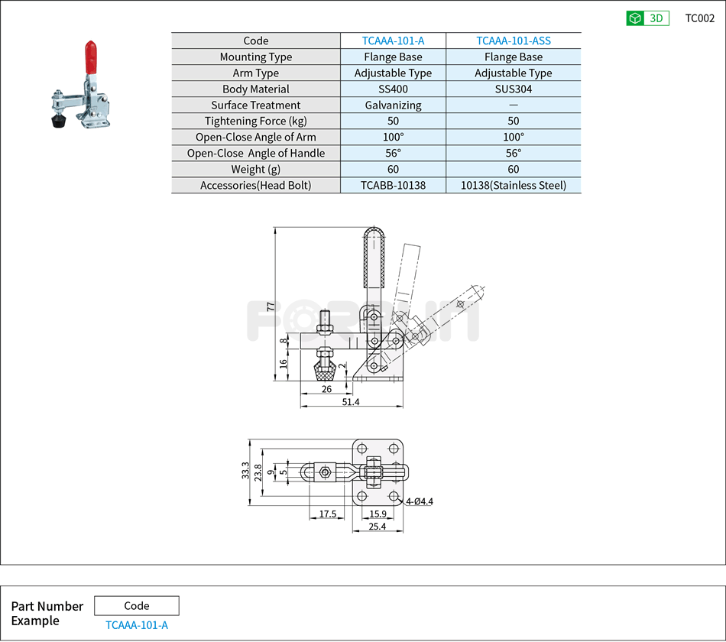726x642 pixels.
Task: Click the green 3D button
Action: coord(647,18)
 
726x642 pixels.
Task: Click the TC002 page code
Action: coord(699,18)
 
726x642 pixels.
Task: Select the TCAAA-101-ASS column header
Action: coord(513,41)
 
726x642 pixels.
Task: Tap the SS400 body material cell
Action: coord(393,89)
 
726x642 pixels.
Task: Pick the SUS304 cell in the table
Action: coord(513,89)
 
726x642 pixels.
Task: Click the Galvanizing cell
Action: coord(393,105)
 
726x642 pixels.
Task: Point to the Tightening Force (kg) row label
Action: coord(255,122)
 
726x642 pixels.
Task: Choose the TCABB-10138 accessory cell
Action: coord(393,186)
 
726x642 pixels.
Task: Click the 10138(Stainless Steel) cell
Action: coord(513,186)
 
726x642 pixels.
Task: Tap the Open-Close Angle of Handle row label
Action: coord(255,154)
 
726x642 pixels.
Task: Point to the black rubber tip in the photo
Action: coord(57,121)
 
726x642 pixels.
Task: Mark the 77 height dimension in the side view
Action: coord(270,306)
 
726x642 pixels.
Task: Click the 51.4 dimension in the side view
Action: coord(351,402)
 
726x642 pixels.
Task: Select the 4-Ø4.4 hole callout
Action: coord(420,502)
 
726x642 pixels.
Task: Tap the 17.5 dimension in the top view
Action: coord(327,514)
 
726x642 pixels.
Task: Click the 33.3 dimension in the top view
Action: coord(245,472)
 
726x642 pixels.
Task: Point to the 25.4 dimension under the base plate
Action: coord(377,527)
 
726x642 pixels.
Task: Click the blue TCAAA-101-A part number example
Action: coord(136,625)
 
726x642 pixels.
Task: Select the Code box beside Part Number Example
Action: coord(136,606)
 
